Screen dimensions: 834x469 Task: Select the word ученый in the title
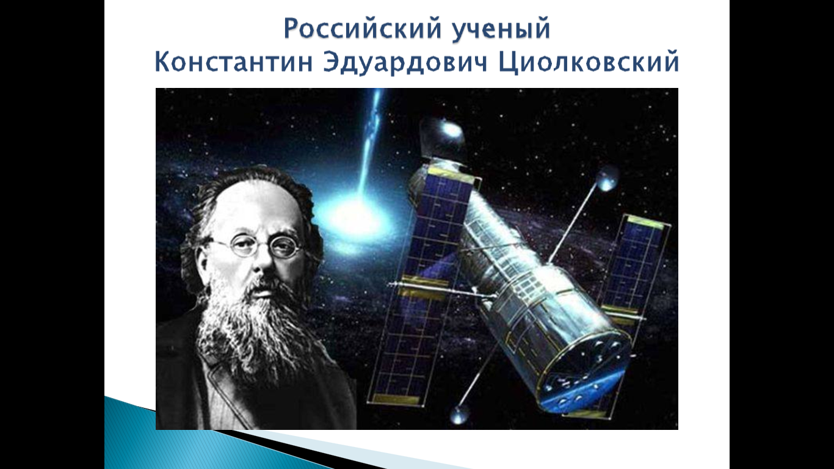click(x=501, y=29)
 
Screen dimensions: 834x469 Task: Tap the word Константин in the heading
click(x=233, y=62)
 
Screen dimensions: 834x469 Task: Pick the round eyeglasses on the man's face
click(x=261, y=245)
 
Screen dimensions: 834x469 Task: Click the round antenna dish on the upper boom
click(x=607, y=180)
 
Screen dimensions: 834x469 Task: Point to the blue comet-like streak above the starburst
click(x=371, y=142)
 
